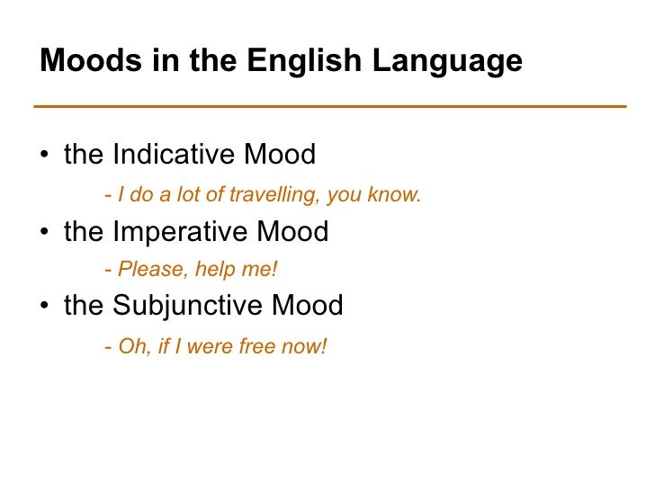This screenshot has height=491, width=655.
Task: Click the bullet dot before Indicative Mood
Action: (44, 157)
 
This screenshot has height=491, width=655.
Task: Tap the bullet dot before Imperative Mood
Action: (44, 233)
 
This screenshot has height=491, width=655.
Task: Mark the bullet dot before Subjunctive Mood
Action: (44, 308)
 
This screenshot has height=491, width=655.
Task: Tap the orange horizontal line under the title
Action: (329, 106)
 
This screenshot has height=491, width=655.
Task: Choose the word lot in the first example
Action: (192, 194)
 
